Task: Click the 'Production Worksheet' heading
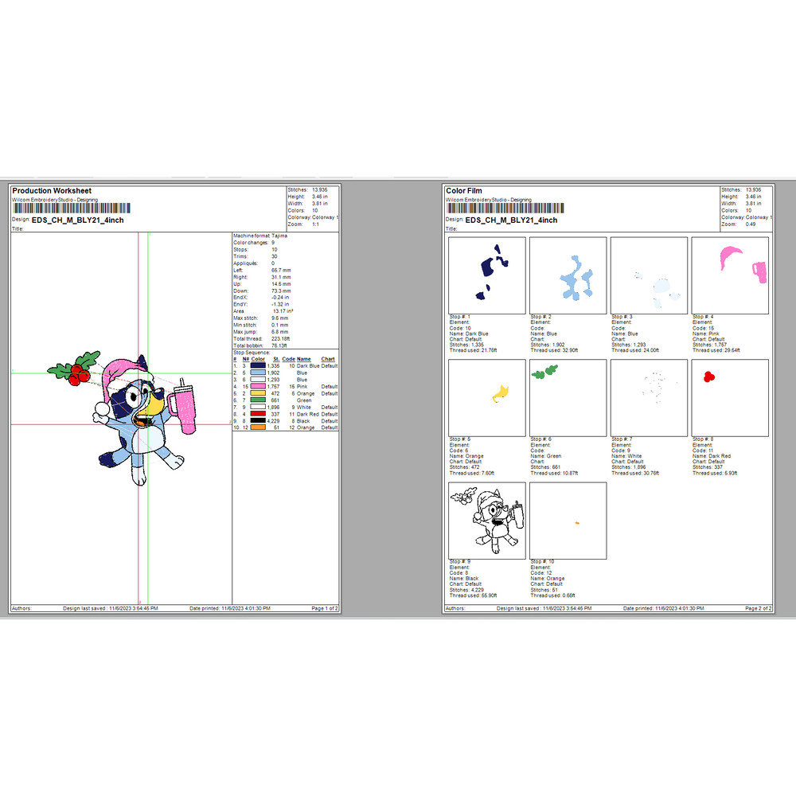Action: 52,191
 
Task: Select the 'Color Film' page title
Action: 463,191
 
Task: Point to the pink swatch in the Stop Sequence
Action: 256,386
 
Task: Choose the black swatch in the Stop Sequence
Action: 256,421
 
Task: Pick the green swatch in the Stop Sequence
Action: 256,400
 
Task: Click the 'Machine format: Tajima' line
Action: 260,236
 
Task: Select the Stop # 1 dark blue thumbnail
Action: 487,275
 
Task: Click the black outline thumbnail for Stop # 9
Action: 487,521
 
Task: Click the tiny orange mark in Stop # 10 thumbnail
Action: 576,522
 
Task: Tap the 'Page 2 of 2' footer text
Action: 758,608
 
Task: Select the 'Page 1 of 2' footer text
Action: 324,608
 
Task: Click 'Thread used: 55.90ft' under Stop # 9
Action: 473,595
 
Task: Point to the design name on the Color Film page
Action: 511,220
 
